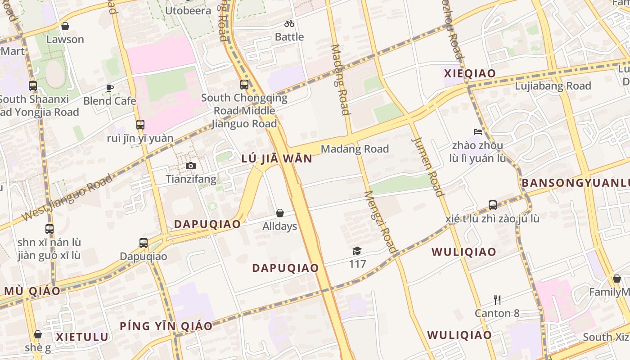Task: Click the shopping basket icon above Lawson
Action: pos(65,26)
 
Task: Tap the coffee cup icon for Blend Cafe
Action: pos(110,88)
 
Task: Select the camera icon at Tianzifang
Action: pos(191,166)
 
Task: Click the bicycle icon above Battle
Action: pos(289,23)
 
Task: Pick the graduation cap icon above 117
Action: pos(357,251)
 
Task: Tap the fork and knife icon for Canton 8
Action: pos(497,300)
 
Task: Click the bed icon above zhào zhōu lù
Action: pos(478,132)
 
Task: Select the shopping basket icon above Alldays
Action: pos(280,213)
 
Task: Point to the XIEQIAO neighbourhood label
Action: pos(470,73)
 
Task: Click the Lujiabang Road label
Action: pos(553,85)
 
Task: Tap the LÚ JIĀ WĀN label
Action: pos(276,158)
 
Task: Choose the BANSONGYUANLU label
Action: pos(576,183)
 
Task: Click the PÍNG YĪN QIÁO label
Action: pos(166,326)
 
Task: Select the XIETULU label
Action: pos(82,337)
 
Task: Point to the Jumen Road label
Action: pos(427,166)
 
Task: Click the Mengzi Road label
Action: pos(381,222)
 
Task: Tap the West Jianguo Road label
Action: pos(67,198)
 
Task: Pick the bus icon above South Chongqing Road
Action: pos(244,84)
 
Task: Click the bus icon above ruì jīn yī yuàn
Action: pos(140,125)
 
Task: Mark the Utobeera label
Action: pos(188,10)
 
